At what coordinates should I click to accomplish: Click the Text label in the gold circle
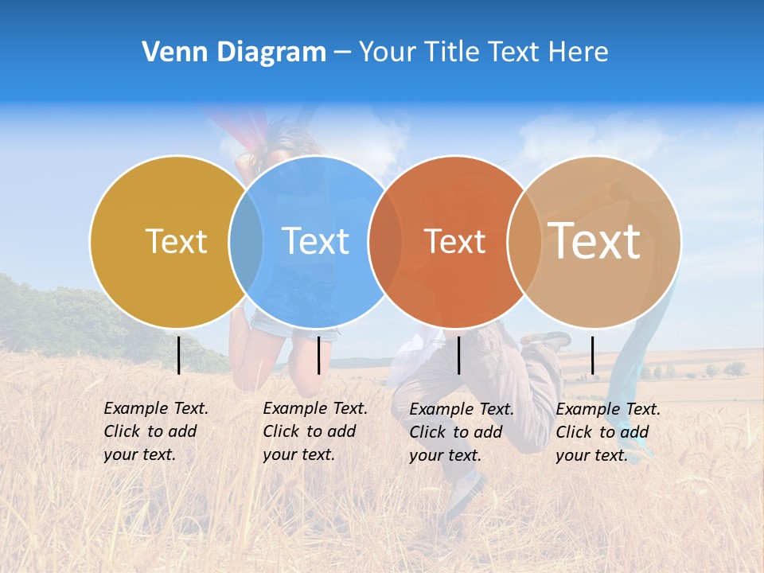[x=176, y=241]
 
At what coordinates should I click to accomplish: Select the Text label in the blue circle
[x=315, y=241]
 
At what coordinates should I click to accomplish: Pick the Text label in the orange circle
[x=454, y=241]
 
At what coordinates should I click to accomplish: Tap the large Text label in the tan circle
[x=594, y=241]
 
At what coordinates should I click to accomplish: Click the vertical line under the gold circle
[x=178, y=355]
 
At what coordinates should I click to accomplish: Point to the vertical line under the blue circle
[x=318, y=355]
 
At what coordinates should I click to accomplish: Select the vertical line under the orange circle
[x=458, y=355]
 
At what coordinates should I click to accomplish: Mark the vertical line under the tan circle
[x=592, y=355]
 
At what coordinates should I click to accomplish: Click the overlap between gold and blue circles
[x=246, y=241]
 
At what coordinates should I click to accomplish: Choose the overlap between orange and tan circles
[x=524, y=241]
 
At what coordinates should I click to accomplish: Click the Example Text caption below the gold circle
[x=155, y=431]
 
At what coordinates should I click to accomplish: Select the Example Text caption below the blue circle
[x=314, y=431]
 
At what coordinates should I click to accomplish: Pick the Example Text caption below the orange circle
[x=461, y=432]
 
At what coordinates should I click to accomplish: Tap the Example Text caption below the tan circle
[x=607, y=432]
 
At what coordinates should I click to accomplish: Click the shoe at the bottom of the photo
[x=466, y=493]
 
